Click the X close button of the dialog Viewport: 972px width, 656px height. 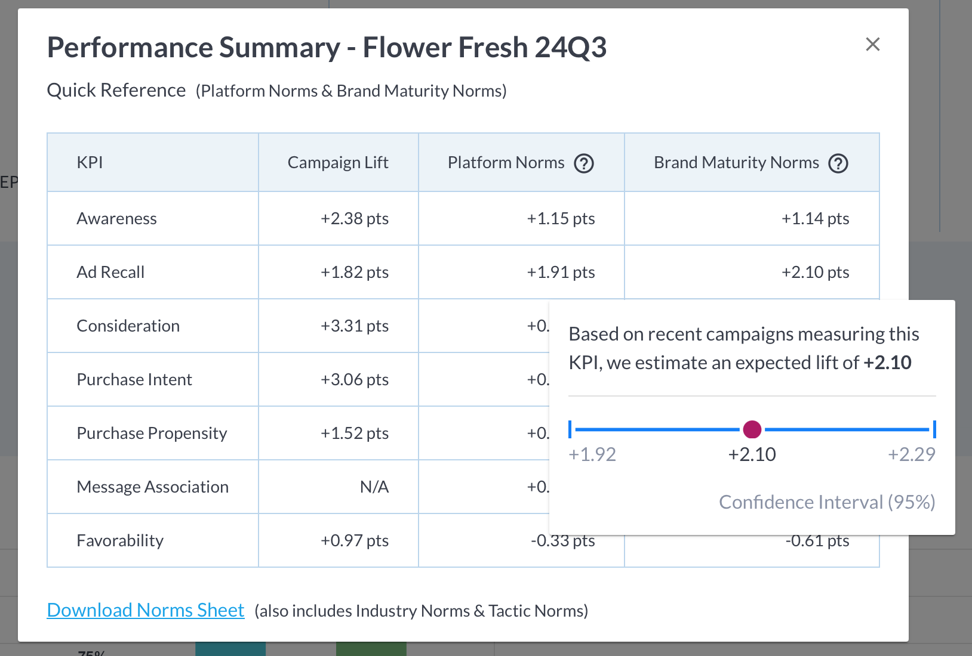[872, 44]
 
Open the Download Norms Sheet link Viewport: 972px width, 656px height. [146, 610]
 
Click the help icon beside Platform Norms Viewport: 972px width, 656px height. [583, 163]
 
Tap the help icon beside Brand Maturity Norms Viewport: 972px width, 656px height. [838, 163]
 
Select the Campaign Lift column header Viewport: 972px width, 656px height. [337, 163]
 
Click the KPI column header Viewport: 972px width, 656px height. [90, 163]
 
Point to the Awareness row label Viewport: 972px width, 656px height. [117, 219]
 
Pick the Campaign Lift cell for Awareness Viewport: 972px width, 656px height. [354, 219]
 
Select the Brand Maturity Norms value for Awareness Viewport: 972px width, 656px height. [815, 219]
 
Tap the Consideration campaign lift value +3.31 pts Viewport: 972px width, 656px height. [354, 326]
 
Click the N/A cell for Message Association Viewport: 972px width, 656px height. [374, 487]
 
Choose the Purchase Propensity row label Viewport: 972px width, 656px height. [152, 434]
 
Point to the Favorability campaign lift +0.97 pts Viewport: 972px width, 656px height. [354, 541]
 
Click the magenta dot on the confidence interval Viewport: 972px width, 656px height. [752, 429]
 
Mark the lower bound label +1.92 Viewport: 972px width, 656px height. [592, 454]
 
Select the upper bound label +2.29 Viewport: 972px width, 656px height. [911, 454]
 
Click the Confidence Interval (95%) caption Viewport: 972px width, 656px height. [826, 502]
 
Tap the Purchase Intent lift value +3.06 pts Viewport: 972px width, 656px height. [354, 380]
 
